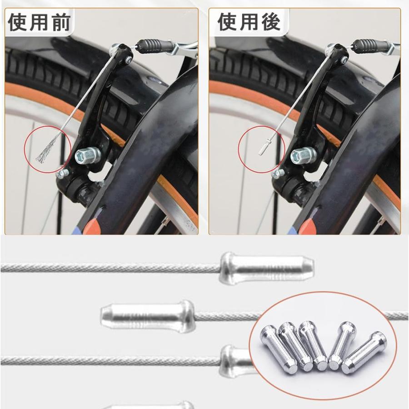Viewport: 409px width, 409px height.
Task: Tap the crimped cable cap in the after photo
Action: (x=263, y=148)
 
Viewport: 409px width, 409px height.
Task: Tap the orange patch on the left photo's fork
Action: (x=94, y=225)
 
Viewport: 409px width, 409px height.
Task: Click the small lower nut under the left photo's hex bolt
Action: (x=62, y=174)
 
